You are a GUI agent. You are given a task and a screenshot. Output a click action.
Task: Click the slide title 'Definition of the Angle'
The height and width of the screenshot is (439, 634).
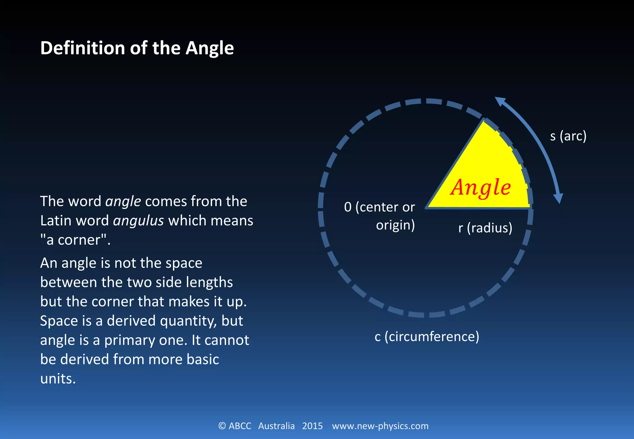137,48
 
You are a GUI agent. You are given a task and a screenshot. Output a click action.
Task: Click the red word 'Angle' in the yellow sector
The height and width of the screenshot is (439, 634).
480,188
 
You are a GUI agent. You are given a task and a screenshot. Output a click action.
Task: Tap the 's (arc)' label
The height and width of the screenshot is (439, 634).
568,136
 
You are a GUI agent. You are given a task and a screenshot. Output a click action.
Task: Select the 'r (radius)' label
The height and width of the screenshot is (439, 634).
485,228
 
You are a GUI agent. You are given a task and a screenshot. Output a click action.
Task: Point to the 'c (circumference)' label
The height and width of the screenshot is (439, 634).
427,337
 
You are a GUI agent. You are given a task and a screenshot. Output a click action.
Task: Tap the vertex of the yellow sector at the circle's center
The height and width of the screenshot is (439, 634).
428,207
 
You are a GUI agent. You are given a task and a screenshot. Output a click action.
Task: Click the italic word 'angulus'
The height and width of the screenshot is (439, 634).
138,221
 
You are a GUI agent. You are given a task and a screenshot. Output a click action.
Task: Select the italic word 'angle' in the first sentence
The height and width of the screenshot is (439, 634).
123,202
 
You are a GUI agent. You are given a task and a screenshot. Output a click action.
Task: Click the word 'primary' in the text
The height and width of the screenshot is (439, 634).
129,340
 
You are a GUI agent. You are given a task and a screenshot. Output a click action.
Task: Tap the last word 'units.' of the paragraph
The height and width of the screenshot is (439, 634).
58,379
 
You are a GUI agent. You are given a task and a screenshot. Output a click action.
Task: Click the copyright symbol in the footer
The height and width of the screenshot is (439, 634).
222,426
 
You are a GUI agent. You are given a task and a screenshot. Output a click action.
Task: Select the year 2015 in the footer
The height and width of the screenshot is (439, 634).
312,426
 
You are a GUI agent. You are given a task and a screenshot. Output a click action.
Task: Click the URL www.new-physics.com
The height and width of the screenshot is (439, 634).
380,426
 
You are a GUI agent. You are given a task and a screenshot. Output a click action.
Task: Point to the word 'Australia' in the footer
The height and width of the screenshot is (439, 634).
276,426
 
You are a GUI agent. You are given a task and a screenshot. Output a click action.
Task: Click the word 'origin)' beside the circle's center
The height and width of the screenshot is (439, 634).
395,225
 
